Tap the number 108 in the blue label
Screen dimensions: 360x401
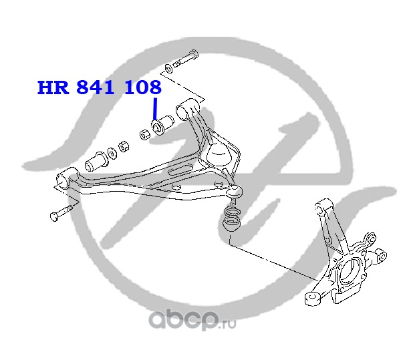pos(142,87)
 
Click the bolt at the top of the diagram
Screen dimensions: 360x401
pos(186,58)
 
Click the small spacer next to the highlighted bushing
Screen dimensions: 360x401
pos(144,136)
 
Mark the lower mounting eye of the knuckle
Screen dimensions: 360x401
pos(311,296)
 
